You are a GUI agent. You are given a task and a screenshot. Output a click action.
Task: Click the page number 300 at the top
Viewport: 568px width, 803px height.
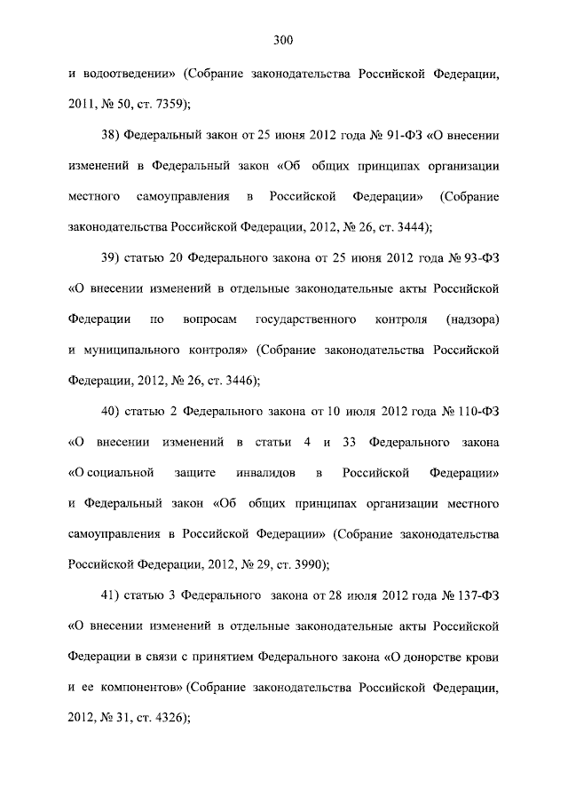(x=284, y=39)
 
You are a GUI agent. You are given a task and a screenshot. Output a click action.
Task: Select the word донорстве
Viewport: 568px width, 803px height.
(x=436, y=658)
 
